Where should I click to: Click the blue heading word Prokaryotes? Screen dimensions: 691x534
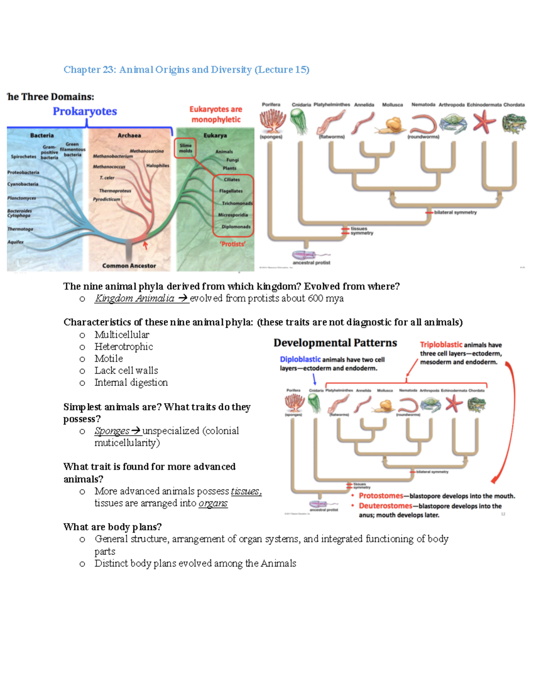pos(85,111)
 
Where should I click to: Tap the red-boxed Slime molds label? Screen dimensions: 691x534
pos(186,148)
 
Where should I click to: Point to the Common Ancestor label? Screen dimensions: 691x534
pos(129,266)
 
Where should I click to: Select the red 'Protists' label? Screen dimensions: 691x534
pos(232,244)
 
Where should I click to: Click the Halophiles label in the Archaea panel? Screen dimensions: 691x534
pos(158,166)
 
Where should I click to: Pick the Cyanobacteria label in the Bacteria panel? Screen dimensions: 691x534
pos(23,184)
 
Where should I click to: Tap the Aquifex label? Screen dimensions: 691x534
pos(16,242)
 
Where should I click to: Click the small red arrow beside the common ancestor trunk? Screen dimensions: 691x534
pos(145,245)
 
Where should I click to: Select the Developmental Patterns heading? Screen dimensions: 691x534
pos(335,343)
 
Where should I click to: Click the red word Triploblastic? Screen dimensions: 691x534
pos(441,345)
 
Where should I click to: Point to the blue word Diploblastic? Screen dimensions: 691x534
pos(300,360)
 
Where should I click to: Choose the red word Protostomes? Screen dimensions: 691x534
pos(381,496)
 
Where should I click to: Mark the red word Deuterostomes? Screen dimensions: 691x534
pos(385,506)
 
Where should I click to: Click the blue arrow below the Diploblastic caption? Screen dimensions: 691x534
pos(314,379)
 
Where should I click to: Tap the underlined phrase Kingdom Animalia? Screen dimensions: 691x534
pos(134,299)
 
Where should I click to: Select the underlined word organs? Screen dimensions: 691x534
pos(213,503)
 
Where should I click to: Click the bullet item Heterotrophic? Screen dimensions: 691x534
pos(124,347)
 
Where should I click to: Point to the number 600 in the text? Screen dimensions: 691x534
pos(315,299)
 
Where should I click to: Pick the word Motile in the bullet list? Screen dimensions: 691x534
pos(109,359)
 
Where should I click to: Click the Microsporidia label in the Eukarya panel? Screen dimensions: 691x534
pos(233,215)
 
